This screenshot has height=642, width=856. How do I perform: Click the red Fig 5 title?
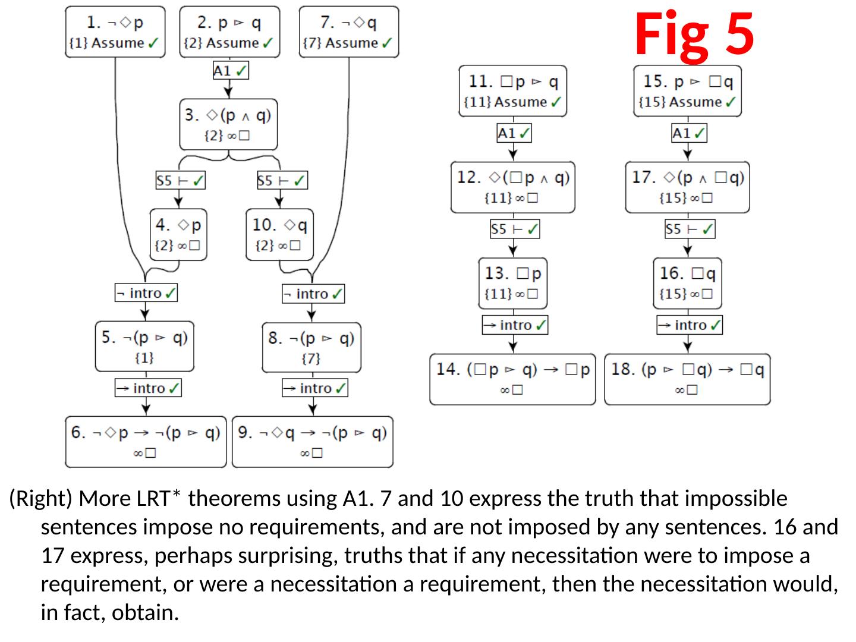(x=694, y=34)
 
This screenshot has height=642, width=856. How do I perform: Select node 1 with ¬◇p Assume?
(x=115, y=32)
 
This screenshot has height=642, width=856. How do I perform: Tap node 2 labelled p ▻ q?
(x=229, y=32)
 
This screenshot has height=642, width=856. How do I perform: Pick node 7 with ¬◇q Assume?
(x=348, y=32)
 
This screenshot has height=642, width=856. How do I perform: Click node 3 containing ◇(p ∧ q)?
(x=228, y=124)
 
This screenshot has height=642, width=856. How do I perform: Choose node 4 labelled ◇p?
(x=178, y=235)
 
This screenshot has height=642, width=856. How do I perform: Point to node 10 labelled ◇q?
(x=279, y=235)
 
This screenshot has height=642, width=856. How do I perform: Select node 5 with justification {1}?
(x=144, y=347)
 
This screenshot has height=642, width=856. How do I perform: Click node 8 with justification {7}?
(x=311, y=347)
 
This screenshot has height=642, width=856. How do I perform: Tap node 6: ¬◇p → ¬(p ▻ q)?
(x=146, y=442)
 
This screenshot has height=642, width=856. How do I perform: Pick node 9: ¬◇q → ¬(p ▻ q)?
(x=312, y=442)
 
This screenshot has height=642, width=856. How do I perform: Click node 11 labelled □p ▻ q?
(x=512, y=91)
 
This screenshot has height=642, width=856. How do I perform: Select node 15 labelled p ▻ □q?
(x=687, y=91)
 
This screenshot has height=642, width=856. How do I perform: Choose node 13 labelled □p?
(x=512, y=283)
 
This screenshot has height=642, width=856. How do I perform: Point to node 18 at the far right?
(x=687, y=379)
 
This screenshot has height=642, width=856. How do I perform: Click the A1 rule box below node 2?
(x=230, y=71)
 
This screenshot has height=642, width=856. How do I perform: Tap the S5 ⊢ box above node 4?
(x=181, y=180)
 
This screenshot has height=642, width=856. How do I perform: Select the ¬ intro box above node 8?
(x=313, y=294)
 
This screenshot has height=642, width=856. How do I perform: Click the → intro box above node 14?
(x=515, y=325)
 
